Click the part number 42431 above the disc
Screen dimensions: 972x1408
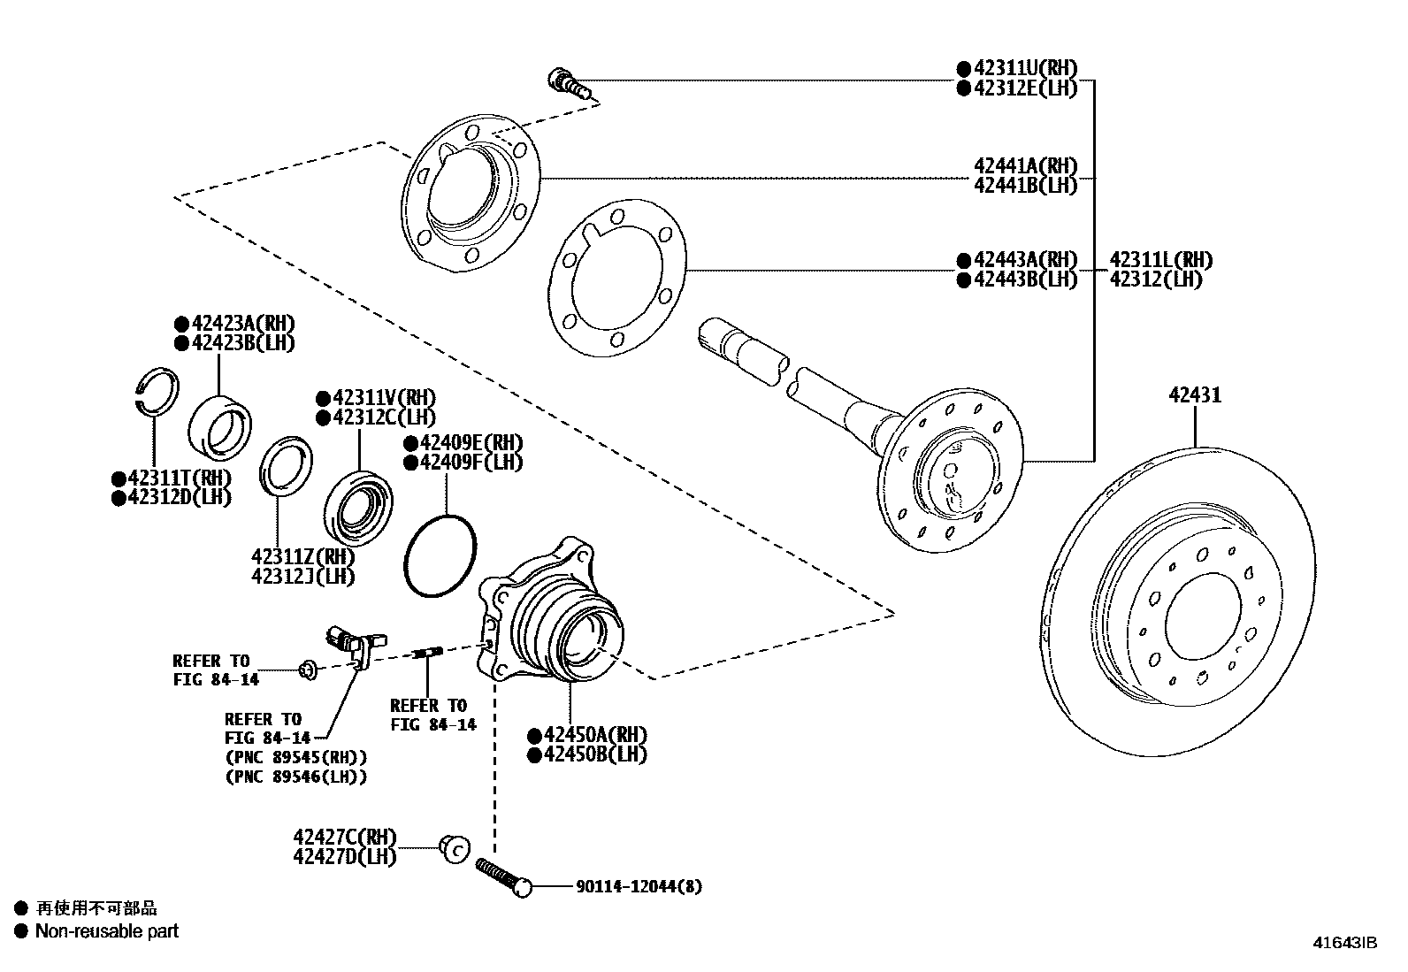pyautogui.click(x=1195, y=395)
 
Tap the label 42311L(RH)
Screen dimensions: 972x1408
pyautogui.click(x=1160, y=260)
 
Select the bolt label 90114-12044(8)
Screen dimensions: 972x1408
pyautogui.click(x=639, y=886)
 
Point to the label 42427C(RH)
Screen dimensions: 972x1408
pyautogui.click(x=345, y=837)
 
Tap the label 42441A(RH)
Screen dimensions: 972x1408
pyautogui.click(x=1026, y=165)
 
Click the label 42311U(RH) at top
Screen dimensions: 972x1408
pyautogui.click(x=1026, y=68)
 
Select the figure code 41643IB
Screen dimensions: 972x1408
pyautogui.click(x=1345, y=943)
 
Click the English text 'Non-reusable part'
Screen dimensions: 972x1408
pyautogui.click(x=106, y=930)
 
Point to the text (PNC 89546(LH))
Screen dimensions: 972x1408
pyautogui.click(x=295, y=777)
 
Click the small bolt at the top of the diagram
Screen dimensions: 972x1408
pyautogui.click(x=569, y=83)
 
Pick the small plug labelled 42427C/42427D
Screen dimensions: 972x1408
pyautogui.click(x=454, y=848)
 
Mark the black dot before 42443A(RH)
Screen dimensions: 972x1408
pyautogui.click(x=963, y=260)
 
